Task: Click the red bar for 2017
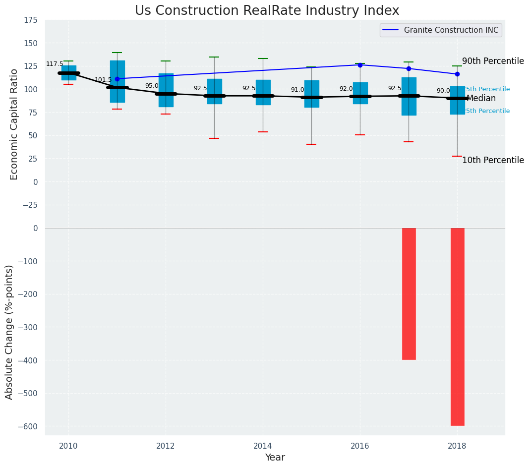[409, 293]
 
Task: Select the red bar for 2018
[457, 327]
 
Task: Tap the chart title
[267, 11]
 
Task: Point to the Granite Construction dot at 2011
[117, 79]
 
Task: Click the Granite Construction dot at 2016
[360, 65]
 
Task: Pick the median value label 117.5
[55, 64]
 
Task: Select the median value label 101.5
[103, 80]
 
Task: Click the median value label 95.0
[152, 86]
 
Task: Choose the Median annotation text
[481, 98]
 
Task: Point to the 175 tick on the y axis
[30, 20]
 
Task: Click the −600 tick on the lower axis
[27, 426]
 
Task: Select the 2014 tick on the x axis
[263, 446]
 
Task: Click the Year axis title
[275, 458]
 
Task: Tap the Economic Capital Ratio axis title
[14, 124]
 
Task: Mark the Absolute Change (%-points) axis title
[9, 332]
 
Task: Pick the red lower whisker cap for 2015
[311, 144]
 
